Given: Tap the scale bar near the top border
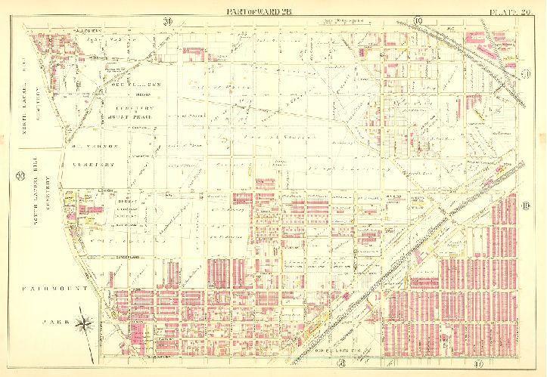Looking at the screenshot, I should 344,21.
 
